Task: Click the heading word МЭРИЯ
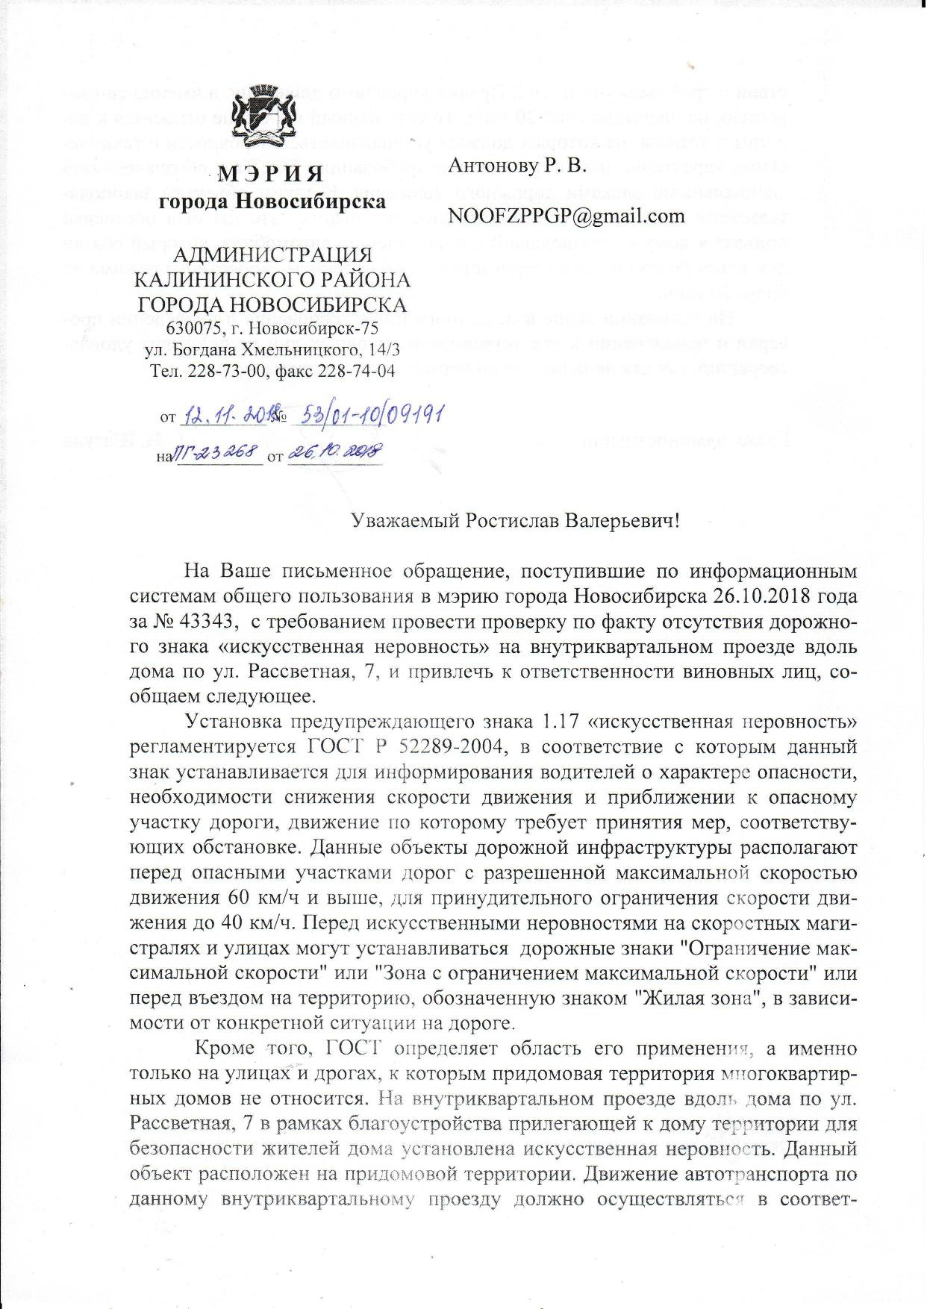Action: click(x=271, y=175)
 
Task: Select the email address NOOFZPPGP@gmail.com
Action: click(x=566, y=216)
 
